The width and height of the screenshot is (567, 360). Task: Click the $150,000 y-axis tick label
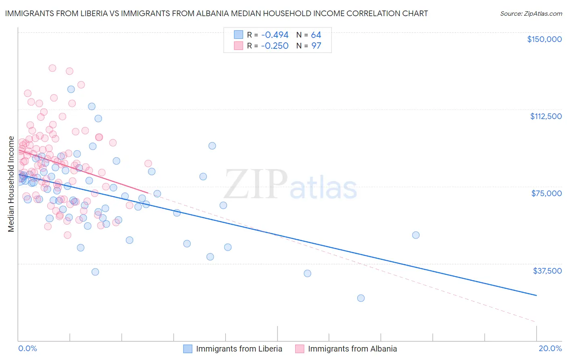(x=544, y=39)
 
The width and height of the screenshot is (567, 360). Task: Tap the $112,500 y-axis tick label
(x=546, y=116)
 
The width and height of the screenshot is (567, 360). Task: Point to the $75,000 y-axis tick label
(x=546, y=193)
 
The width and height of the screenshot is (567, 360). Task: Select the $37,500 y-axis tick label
(x=547, y=271)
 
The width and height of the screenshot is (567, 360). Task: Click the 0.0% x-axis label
(x=27, y=348)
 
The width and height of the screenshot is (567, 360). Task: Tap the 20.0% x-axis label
(x=550, y=348)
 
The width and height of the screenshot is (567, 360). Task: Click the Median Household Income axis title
(x=11, y=184)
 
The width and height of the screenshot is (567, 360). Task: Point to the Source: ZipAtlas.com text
(x=531, y=13)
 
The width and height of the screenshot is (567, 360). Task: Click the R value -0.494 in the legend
(x=275, y=35)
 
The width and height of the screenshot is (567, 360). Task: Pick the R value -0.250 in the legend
(x=275, y=46)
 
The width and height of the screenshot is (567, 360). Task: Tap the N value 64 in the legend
(x=316, y=35)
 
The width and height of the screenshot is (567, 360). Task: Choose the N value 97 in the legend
(x=316, y=46)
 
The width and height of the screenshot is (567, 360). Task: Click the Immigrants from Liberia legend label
(x=239, y=349)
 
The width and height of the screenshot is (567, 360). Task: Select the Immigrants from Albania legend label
(x=352, y=349)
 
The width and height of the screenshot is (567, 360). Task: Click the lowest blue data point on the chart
(x=361, y=298)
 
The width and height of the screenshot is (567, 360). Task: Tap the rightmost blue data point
(x=416, y=235)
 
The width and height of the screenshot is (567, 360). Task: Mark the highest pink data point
(x=52, y=68)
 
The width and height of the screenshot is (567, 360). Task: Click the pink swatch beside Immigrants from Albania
(x=300, y=349)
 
